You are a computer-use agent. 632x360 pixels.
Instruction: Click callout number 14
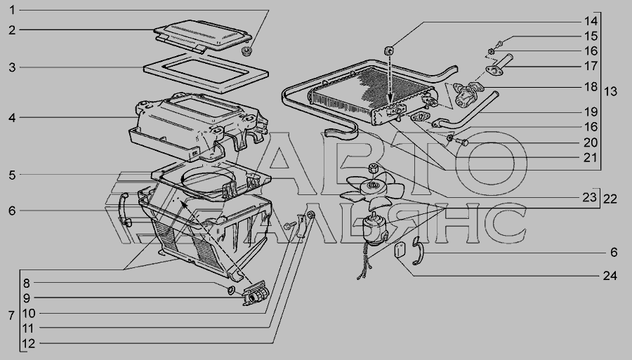pos(591,21)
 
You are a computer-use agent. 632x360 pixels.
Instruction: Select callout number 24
pos(610,276)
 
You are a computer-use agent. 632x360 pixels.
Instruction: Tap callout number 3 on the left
pos(12,67)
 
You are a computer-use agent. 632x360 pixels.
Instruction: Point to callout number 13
pos(611,91)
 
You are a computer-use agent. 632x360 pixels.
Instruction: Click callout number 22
pos(610,199)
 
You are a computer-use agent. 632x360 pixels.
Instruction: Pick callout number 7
pos(11,315)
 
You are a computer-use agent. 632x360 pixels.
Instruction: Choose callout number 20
pos(591,142)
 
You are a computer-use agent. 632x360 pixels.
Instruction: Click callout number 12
pos(28,343)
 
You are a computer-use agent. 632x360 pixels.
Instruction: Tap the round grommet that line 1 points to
pos(246,51)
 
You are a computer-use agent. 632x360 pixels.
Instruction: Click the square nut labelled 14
pos(389,51)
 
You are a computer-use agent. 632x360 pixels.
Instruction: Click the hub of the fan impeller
pos(371,185)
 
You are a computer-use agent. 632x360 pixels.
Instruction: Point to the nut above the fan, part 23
pos(374,168)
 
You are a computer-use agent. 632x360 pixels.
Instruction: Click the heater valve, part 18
pos(468,93)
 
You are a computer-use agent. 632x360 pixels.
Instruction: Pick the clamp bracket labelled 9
pos(255,293)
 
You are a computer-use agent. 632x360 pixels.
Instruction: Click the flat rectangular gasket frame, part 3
pos(206,73)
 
